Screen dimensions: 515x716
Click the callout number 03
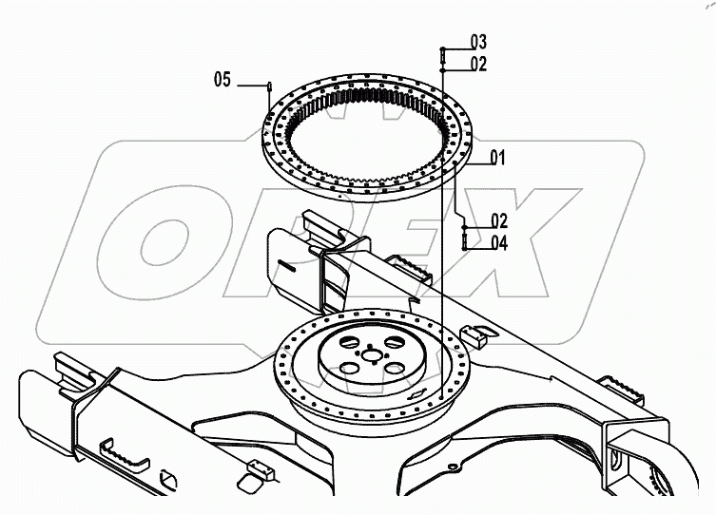click(477, 42)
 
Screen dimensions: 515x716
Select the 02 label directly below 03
click(477, 65)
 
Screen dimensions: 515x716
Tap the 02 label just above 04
click(498, 220)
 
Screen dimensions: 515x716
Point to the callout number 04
click(499, 243)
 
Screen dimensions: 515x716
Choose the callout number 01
click(497, 158)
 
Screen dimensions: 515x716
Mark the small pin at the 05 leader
click(271, 86)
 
